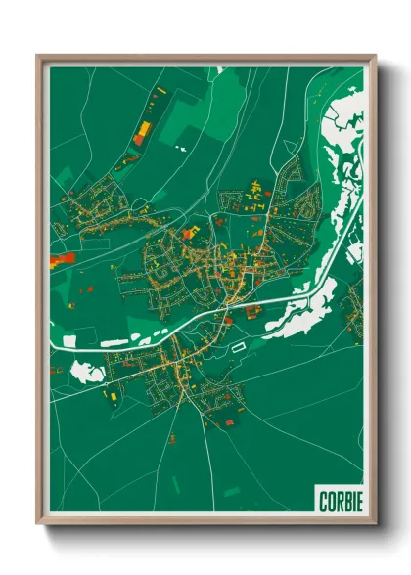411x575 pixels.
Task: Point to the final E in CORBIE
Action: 358,502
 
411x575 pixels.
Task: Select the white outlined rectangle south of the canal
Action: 240,345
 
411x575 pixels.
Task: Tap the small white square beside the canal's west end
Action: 68,338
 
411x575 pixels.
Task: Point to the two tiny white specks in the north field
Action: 180,149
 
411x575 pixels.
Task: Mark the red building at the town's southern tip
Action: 230,422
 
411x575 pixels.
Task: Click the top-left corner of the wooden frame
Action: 38,55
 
